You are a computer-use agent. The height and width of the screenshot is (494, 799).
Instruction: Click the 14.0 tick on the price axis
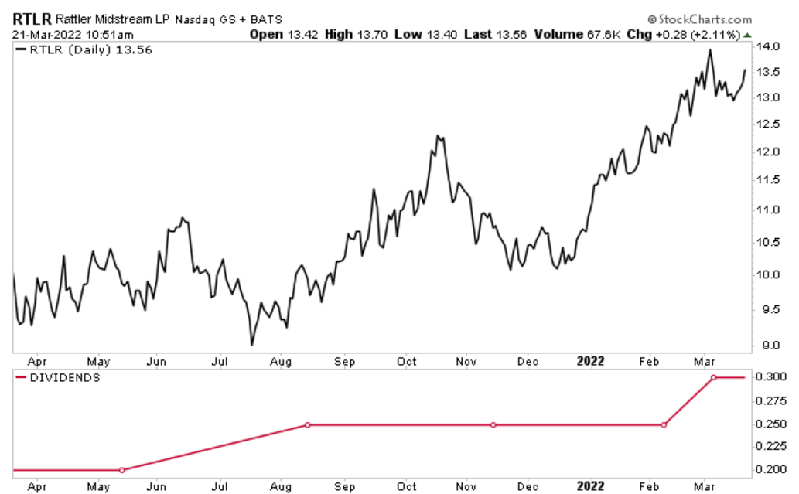pyautogui.click(x=768, y=46)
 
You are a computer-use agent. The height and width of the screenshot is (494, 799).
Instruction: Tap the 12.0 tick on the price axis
pyautogui.click(x=768, y=152)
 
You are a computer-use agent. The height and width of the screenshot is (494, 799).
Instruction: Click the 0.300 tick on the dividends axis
pyautogui.click(x=770, y=377)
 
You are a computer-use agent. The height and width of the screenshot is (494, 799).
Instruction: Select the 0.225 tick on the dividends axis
pyautogui.click(x=770, y=447)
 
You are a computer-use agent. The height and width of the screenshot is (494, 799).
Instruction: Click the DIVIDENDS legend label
pyautogui.click(x=64, y=377)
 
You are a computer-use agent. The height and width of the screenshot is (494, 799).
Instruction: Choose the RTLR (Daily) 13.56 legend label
pyautogui.click(x=89, y=50)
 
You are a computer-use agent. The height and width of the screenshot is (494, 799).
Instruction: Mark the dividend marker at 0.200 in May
pyautogui.click(x=121, y=470)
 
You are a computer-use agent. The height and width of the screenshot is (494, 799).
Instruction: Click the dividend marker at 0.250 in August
pyautogui.click(x=307, y=425)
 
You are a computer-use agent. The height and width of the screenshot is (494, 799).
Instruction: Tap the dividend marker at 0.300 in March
pyautogui.click(x=713, y=377)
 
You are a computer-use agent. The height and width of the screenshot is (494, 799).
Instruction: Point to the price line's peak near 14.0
pyautogui.click(x=709, y=50)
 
